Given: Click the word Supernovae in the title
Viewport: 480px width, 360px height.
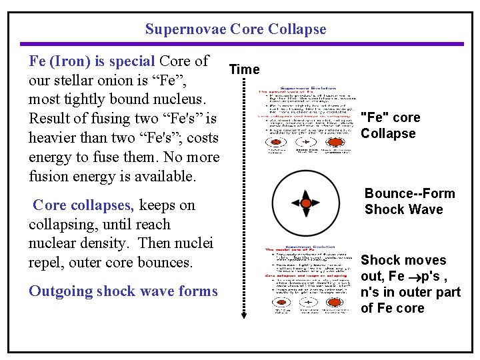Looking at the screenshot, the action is click(x=186, y=29).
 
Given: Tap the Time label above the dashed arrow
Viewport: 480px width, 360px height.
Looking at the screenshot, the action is click(x=245, y=69).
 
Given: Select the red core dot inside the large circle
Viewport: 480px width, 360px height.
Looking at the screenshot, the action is click(x=305, y=203).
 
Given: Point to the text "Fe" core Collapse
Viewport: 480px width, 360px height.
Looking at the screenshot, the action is click(x=390, y=125).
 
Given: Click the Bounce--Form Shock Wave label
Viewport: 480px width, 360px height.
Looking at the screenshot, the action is click(x=409, y=201).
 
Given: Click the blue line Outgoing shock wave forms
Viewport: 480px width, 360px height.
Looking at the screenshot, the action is click(x=123, y=291).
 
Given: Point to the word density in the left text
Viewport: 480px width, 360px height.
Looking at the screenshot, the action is click(x=101, y=244).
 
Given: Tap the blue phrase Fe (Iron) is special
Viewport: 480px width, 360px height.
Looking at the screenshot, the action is click(x=92, y=61).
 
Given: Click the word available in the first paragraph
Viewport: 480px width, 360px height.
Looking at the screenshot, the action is click(x=163, y=177).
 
